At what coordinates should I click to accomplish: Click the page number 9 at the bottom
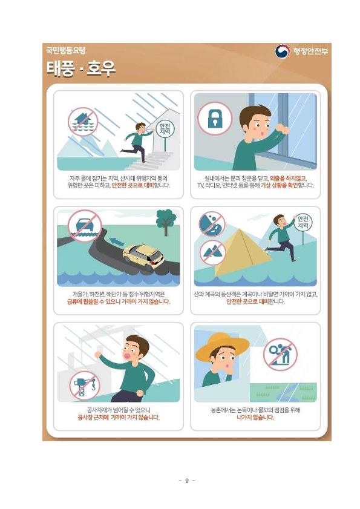pos(186,481)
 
